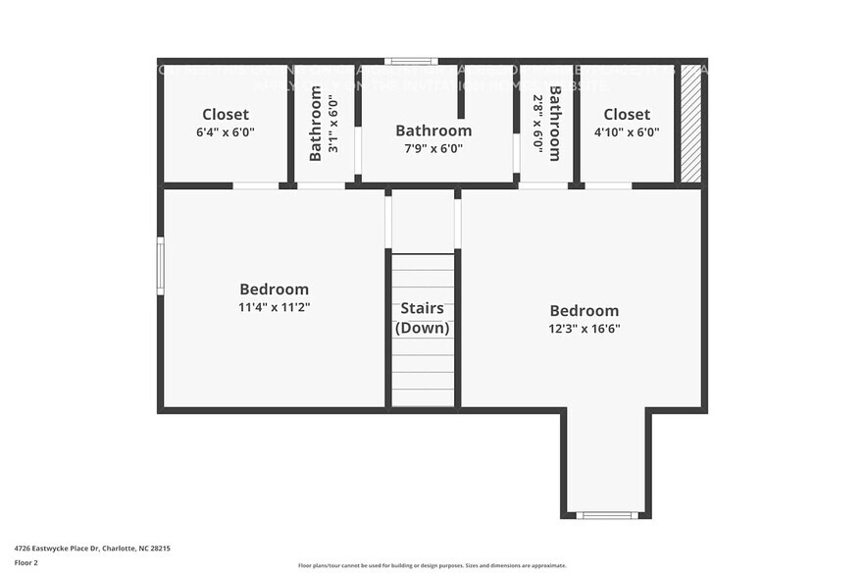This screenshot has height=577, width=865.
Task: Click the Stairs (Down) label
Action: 423,318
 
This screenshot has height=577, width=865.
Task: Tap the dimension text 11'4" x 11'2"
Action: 274,307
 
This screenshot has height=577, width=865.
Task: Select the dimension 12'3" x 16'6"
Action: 584,329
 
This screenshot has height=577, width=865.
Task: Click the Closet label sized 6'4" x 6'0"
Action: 226,114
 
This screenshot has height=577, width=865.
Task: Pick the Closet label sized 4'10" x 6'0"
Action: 627,114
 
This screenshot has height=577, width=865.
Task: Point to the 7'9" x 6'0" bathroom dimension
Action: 432,149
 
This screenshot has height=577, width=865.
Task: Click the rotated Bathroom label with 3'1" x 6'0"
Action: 316,124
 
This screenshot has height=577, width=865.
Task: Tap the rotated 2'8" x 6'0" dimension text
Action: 537,123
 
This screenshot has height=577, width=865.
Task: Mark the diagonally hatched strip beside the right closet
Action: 690,124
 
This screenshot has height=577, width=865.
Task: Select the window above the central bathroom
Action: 410,61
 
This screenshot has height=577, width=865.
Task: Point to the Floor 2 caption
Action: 26,562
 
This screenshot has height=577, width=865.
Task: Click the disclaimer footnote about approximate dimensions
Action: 432,565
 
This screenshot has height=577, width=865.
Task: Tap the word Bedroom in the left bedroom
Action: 274,289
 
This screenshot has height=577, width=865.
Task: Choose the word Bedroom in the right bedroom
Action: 584,311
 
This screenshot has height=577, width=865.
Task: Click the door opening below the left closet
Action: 255,185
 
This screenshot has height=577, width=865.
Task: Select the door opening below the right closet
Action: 608,185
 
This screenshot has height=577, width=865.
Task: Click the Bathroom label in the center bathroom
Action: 432,131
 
